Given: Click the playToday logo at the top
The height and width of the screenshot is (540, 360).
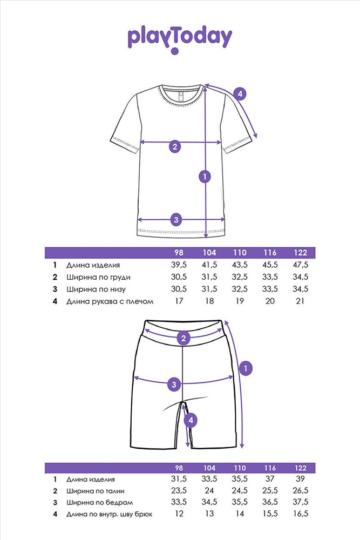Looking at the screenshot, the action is point(180,39).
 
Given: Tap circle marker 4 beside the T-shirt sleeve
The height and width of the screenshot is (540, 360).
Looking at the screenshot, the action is point(240,93).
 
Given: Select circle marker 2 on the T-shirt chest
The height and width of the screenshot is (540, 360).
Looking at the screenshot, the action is point(175,147).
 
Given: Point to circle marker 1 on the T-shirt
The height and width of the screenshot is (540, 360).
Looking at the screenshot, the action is point(205,177).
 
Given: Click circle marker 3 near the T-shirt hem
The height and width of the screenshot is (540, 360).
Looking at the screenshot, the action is point(176,220).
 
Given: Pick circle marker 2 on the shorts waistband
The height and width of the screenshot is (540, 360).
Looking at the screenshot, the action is point(184,338).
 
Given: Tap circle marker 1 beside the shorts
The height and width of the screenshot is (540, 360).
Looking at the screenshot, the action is point(246,368).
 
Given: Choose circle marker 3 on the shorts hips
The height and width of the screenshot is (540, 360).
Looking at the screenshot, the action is point(174,384).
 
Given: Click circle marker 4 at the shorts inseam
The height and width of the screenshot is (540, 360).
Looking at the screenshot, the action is point(191,420).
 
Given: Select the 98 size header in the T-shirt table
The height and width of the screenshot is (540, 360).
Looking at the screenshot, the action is point(179,253).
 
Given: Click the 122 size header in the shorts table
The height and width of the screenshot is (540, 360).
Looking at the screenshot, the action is point(301,468).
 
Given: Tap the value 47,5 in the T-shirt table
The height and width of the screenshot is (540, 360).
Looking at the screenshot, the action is point(301,265).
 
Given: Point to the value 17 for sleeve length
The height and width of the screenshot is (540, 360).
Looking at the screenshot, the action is point(179,301).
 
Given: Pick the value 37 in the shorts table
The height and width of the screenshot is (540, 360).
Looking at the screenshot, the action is point(270,479).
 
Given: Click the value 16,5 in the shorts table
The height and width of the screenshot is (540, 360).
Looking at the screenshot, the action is point(301,514).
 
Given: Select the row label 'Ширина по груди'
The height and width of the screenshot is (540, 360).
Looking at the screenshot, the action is point(98,278).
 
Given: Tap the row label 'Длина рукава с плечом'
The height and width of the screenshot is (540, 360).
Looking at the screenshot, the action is point(110,302).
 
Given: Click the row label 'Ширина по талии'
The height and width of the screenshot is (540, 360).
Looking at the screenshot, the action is point(96,491).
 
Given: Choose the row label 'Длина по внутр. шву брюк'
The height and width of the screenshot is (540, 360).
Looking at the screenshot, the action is point(110,515).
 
